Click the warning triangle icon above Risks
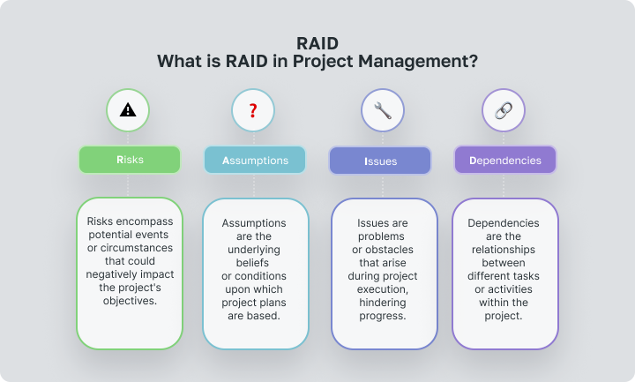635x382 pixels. coord(128,110)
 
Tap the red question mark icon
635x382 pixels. coord(253,110)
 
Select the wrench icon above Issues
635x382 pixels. coord(383,110)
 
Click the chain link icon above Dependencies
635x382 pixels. coord(504,110)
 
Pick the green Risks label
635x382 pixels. coord(130,161)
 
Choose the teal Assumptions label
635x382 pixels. coord(255,161)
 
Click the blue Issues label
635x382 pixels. coord(380,161)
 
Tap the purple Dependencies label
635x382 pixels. coord(505,161)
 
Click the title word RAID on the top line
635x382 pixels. coord(317,42)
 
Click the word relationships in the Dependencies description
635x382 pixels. coord(505,251)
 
